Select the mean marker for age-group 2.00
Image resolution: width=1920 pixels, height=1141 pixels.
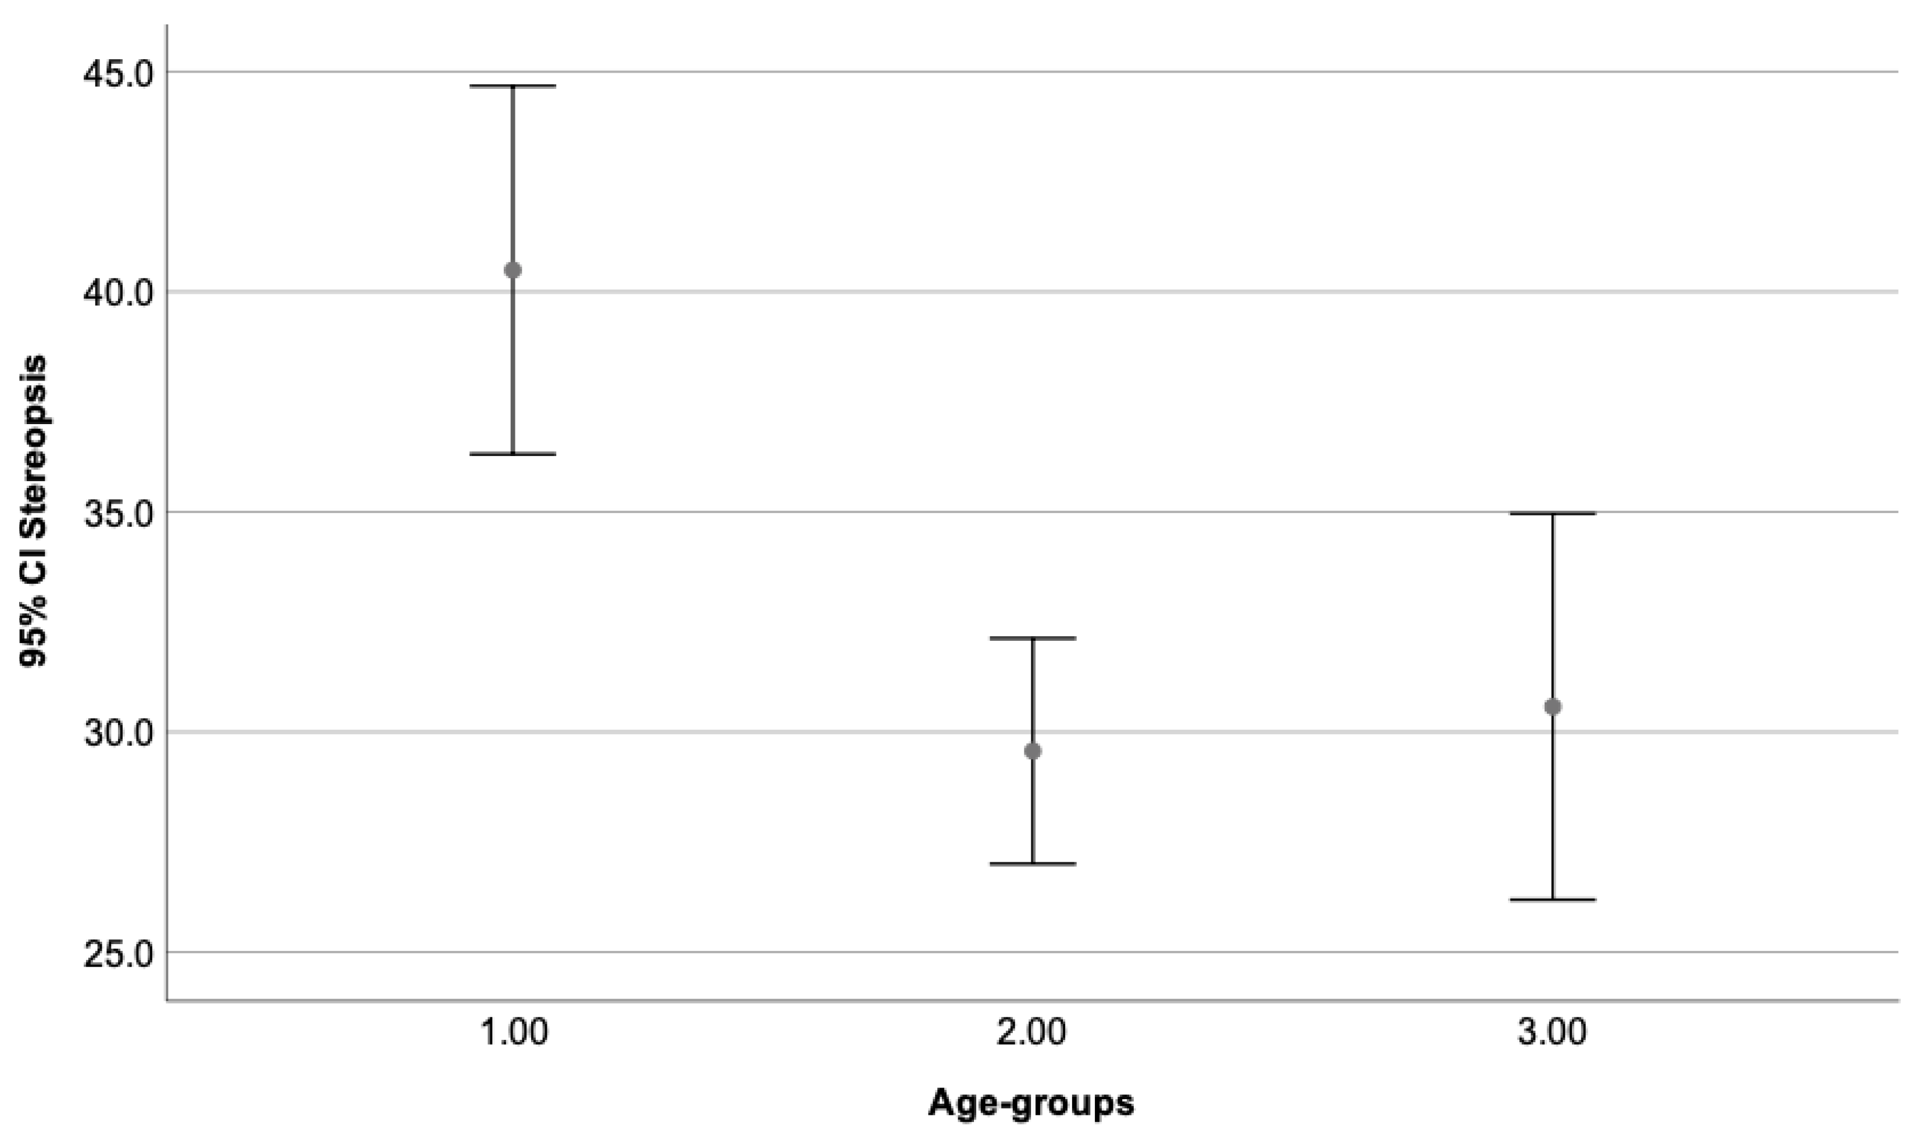click(1033, 751)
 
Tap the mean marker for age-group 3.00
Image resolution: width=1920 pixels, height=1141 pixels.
click(1553, 706)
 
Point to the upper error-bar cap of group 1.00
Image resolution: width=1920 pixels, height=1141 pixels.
click(513, 86)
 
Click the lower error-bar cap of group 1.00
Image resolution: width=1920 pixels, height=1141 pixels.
click(513, 454)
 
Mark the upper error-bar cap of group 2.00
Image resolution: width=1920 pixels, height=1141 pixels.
click(1033, 637)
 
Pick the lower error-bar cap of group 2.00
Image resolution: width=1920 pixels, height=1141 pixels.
click(1033, 863)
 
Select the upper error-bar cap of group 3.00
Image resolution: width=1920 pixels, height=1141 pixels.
click(1553, 513)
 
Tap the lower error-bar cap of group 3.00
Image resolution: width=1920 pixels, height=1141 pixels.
click(1553, 899)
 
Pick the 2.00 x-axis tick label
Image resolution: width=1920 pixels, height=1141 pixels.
click(1033, 1032)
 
